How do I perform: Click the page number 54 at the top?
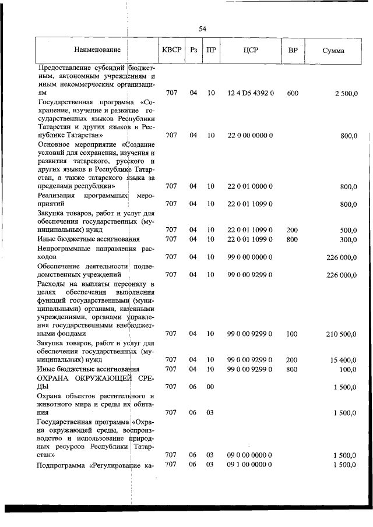tap(202, 29)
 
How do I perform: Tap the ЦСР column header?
tap(250, 51)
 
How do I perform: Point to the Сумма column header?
tap(333, 51)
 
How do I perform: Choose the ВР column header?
tap(293, 51)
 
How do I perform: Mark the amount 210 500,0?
tap(341, 334)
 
